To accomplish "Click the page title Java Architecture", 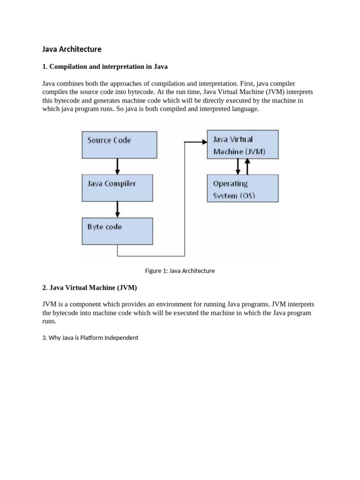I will (72, 49).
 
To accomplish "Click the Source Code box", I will (119, 144).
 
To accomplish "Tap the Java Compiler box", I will (117, 188).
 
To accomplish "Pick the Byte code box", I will (117, 231).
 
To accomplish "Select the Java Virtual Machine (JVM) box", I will (242, 144).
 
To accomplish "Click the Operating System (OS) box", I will (242, 188).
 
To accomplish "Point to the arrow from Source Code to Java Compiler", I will (117, 166).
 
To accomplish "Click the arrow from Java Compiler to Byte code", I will (117, 209).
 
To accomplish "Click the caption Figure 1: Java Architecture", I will (180, 270).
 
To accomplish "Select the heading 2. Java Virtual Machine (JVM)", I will (90, 287).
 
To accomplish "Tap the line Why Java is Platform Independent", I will (90, 337).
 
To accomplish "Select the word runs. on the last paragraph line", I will (49, 321).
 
